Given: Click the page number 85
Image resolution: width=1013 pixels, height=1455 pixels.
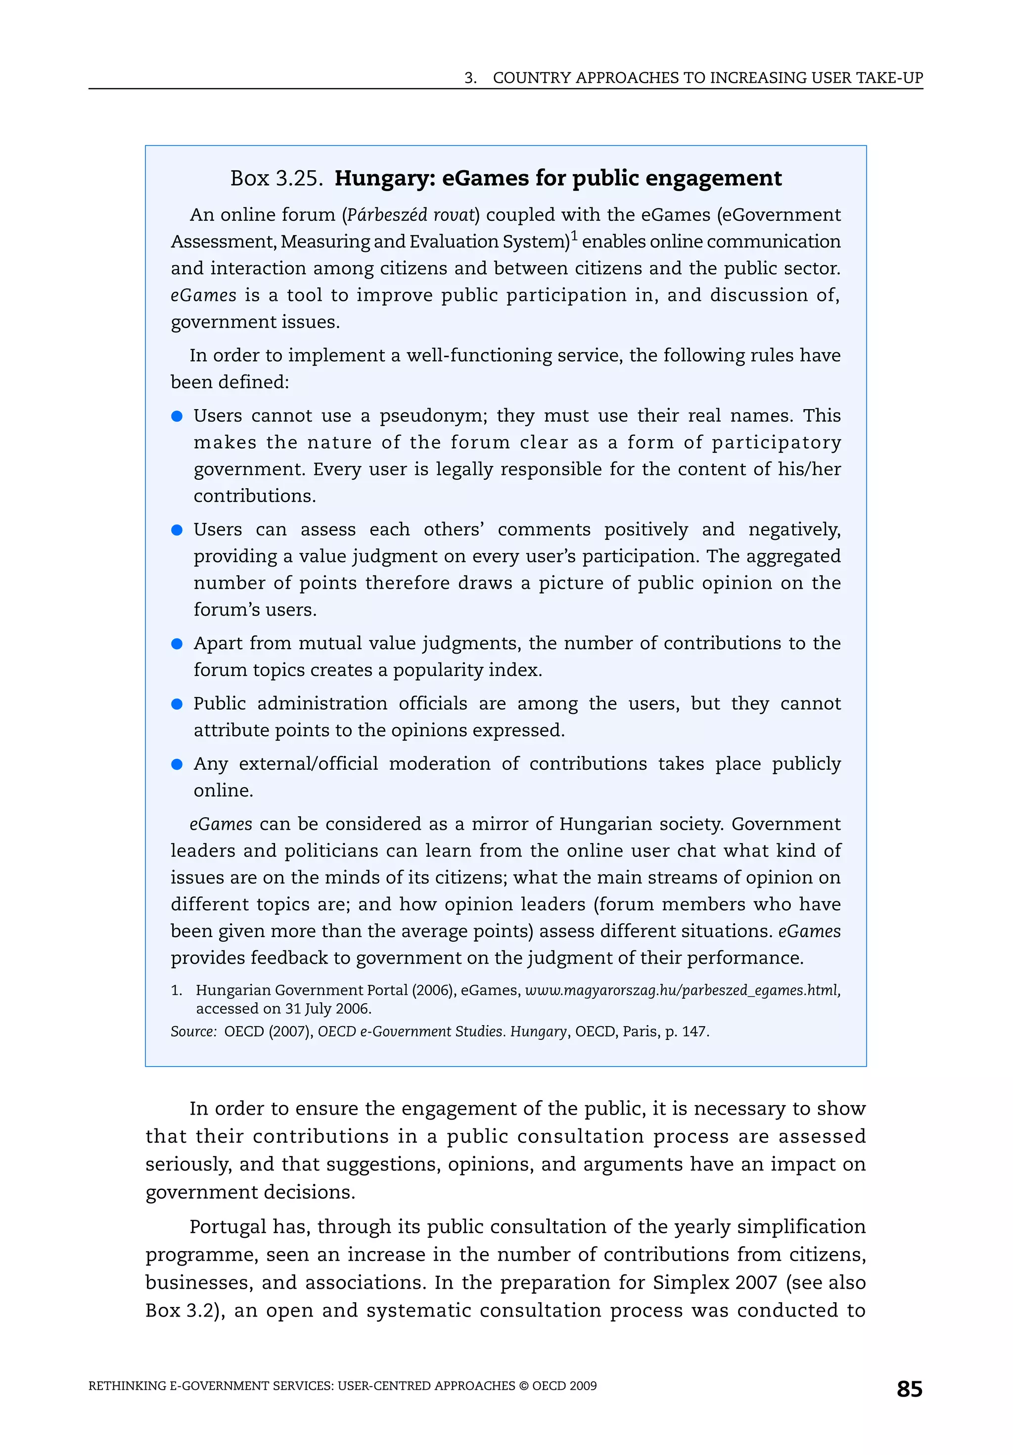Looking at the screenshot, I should pos(909,1389).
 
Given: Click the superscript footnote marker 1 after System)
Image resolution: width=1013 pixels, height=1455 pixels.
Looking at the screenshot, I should pos(574,236).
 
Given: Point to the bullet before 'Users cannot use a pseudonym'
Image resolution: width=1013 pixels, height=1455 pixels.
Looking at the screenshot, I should pos(178,417).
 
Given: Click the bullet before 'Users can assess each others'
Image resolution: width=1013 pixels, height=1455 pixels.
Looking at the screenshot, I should pos(178,530).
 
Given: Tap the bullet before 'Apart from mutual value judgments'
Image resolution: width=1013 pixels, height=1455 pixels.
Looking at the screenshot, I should pos(178,644).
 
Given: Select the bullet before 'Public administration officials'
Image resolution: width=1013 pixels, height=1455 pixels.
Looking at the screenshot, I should pos(178,704).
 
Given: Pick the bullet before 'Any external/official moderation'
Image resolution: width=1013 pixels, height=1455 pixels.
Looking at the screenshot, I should pos(178,764).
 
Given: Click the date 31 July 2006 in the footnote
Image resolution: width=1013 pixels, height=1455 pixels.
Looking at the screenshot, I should pos(327,1008).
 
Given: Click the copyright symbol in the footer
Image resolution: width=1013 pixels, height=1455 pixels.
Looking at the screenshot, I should pos(523,1386).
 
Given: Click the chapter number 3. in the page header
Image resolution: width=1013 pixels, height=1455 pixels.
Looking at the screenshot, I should pos(470,78).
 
